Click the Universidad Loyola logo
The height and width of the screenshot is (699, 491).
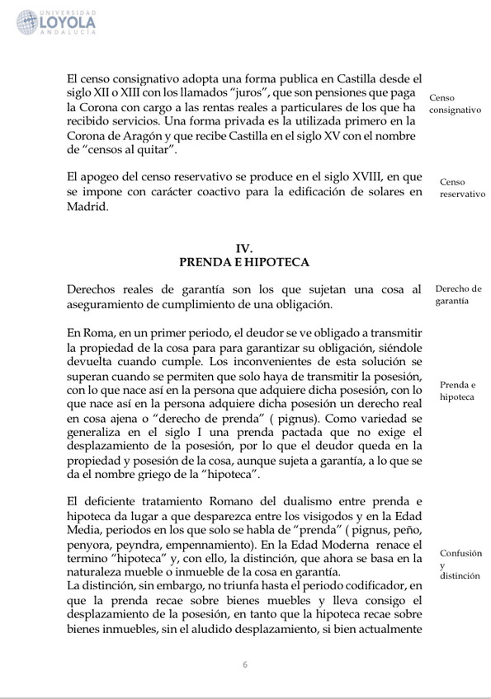coord(55,22)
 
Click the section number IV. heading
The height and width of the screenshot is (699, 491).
coord(243,248)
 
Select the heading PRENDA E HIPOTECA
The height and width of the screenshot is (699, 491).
coord(243,262)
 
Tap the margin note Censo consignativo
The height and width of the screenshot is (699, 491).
coord(455,103)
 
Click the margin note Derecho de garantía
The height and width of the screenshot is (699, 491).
coord(458,294)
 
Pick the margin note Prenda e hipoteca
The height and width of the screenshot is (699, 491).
coord(457,390)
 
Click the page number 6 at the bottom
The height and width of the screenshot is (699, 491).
coord(245,664)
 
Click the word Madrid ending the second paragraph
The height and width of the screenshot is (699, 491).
coord(87,208)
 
